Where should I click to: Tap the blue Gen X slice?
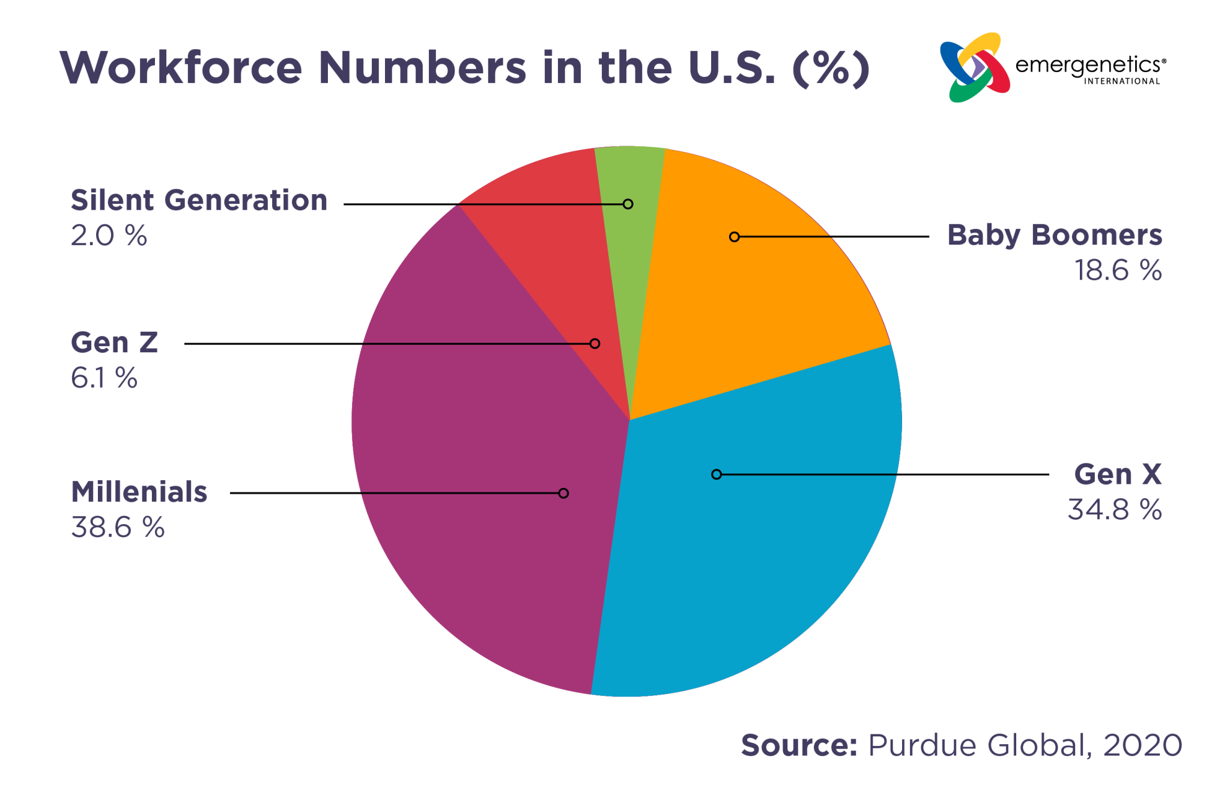[x=751, y=541]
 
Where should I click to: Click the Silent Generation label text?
[x=199, y=200]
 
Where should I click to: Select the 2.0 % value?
[x=109, y=236]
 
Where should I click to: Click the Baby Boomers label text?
[x=1054, y=235]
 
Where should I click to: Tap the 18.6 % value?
[x=1117, y=270]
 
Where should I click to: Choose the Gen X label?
[x=1117, y=474]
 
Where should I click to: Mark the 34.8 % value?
[x=1114, y=510]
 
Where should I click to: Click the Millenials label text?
[x=139, y=492]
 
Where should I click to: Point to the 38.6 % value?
[x=118, y=527]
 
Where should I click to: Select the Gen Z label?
[x=114, y=343]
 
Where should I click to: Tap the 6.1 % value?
[x=104, y=378]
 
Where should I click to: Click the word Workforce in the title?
[x=180, y=67]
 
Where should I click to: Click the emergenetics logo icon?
[x=974, y=67]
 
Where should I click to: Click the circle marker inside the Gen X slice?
[x=716, y=474]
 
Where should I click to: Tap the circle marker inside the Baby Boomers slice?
[x=734, y=237]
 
